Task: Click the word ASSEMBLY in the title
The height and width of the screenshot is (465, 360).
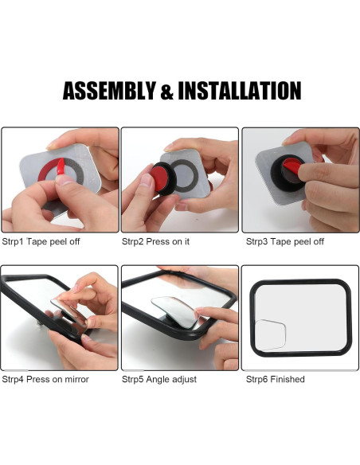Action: coord(109,91)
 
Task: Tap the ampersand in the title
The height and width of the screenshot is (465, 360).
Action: coord(167,91)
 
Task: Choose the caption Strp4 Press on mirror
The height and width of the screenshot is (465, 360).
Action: coord(45,379)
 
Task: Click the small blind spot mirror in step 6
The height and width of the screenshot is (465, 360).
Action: coord(272,334)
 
